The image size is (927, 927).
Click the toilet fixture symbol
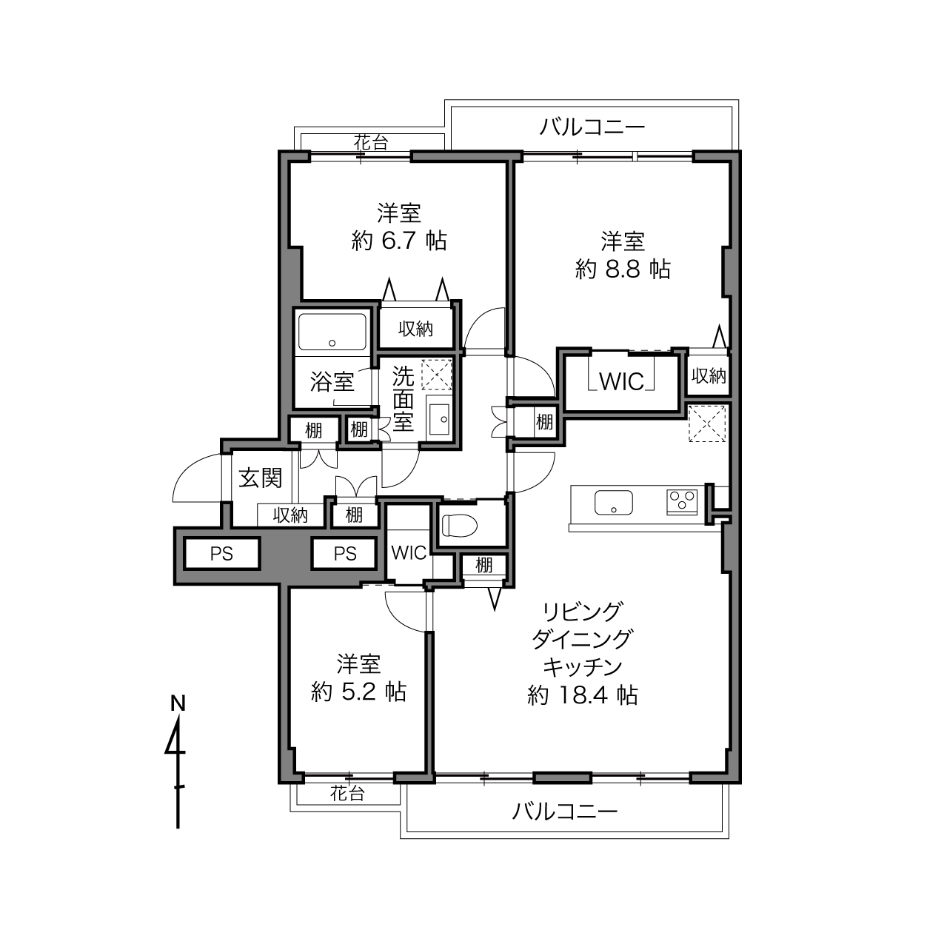tap(459, 525)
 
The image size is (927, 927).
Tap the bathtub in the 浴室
tap(332, 332)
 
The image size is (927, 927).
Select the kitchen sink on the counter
tap(613, 502)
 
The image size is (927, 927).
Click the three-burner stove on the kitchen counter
tap(682, 502)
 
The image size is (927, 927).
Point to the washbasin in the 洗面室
tap(439, 418)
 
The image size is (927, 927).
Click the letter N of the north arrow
tap(178, 704)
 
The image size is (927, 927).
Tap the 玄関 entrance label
tap(260, 478)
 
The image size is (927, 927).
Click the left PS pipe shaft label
tap(221, 554)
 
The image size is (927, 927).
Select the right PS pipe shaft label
tap(345, 554)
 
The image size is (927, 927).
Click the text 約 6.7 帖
tap(399, 241)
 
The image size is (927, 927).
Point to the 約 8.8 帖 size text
tap(623, 269)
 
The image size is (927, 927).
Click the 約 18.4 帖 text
tap(583, 695)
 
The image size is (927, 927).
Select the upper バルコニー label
tap(592, 127)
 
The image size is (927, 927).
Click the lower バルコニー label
tap(564, 812)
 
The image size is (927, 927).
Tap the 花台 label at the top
tap(371, 143)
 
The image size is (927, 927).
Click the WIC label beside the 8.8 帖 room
tap(621, 383)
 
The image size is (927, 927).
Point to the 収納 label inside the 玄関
tap(290, 515)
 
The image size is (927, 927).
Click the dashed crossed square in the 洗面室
tap(436, 375)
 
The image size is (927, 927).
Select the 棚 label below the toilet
tap(484, 565)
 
